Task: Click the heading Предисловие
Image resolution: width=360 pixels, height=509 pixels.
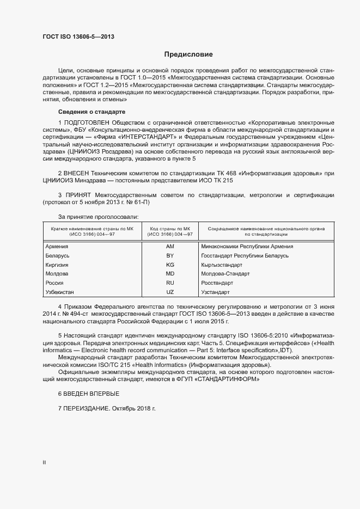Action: (188, 54)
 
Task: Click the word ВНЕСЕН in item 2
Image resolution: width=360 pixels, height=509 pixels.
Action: (76, 172)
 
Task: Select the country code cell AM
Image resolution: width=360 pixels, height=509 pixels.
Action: (169, 246)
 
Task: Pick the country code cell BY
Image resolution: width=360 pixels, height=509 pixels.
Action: (169, 255)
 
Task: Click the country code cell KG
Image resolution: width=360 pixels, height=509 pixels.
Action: (169, 265)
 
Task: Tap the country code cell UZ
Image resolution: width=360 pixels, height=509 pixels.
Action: (169, 292)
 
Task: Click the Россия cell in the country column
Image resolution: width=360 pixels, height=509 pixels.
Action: (56, 283)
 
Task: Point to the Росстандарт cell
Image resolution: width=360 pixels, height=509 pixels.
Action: (217, 283)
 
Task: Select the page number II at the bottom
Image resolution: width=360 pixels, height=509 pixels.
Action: (44, 462)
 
